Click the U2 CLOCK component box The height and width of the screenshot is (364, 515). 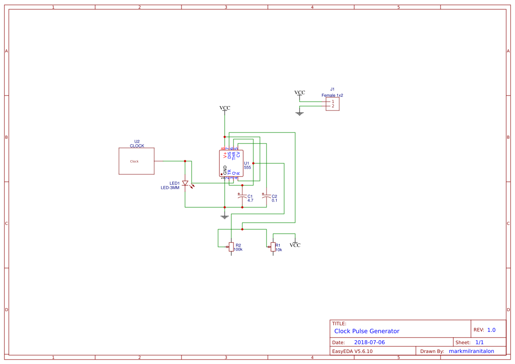[136, 161]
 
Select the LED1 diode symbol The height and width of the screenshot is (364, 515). [185, 183]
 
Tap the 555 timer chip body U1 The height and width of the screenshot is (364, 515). [231, 163]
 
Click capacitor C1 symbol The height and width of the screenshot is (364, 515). [241, 198]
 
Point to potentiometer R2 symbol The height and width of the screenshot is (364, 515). [231, 246]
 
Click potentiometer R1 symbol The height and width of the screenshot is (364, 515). [273, 247]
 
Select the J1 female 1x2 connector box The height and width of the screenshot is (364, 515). [333, 104]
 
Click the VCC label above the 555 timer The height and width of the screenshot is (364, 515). [225, 108]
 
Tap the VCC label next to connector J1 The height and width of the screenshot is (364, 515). [300, 92]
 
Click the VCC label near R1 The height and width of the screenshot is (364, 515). [295, 245]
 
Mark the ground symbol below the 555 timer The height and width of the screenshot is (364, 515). [225, 217]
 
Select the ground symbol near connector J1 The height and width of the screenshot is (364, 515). [300, 114]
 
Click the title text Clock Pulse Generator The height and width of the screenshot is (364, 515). [367, 331]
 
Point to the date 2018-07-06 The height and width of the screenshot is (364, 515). [369, 342]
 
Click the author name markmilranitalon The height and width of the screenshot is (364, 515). [471, 351]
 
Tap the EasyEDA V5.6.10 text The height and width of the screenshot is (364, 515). [352, 351]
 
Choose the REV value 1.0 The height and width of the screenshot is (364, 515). [491, 330]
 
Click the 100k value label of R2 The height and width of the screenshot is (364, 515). [238, 250]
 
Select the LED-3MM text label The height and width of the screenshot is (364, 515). [170, 188]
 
